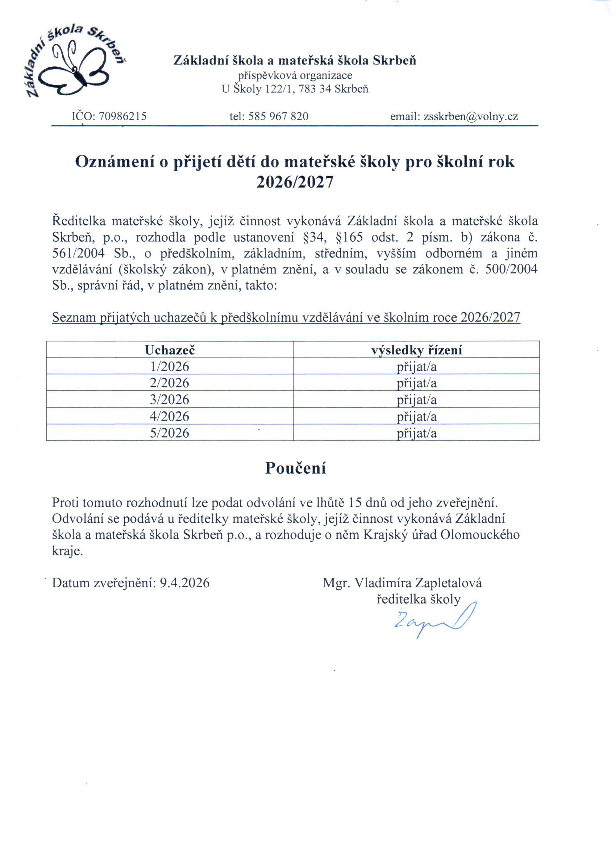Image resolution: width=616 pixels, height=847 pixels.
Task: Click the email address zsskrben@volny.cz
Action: click(x=471, y=117)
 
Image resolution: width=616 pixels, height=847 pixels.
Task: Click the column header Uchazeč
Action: click(x=170, y=350)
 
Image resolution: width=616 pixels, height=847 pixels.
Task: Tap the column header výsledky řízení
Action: click(x=416, y=350)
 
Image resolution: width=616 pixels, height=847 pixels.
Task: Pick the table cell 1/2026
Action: click(x=170, y=366)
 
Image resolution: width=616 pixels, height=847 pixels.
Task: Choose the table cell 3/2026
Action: click(x=170, y=400)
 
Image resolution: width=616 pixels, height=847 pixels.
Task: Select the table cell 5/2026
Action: click(x=170, y=433)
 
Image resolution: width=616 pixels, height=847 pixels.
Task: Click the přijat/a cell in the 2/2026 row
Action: click(x=416, y=383)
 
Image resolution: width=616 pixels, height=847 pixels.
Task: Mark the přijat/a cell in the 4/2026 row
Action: click(x=416, y=416)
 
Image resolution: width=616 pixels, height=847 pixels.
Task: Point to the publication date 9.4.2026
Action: click(x=184, y=583)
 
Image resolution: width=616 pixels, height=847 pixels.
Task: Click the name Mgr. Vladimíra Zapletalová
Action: click(x=402, y=583)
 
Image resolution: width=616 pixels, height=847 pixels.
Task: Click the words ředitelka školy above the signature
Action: click(x=419, y=600)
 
